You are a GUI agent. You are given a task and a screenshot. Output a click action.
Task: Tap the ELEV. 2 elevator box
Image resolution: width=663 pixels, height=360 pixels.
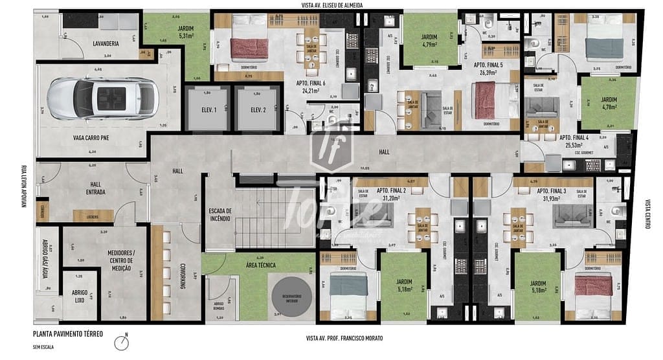pyautogui.click(x=258, y=110)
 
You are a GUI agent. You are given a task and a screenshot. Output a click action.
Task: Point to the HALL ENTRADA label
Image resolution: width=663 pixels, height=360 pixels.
pyautogui.click(x=95, y=188)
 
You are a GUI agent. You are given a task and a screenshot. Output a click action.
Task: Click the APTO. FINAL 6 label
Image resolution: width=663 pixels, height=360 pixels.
pyautogui.click(x=311, y=84)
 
